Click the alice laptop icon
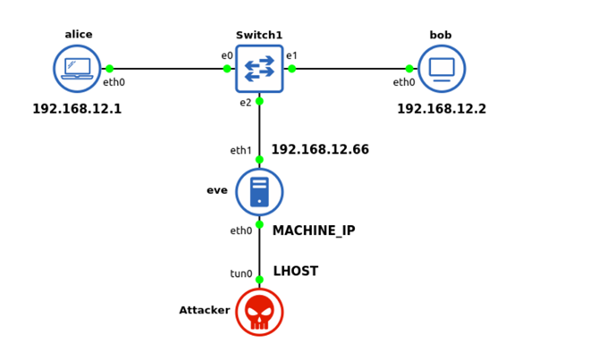coord(77,69)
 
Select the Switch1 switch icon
coord(259,69)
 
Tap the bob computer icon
coord(442,69)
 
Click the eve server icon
coord(259,191)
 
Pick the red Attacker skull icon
coord(259,312)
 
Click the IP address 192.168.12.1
coord(77,109)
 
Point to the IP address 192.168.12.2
coord(442,109)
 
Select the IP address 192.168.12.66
coord(320,149)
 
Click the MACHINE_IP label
coord(314,230)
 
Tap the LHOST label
coord(295,271)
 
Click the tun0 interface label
coord(241,273)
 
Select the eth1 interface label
coord(241,150)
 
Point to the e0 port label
coord(227,55)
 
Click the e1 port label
coord(291,55)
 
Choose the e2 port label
coord(245,103)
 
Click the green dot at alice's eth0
coord(109,69)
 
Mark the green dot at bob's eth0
coord(409,69)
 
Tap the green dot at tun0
coord(259,280)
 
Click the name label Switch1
coord(259,35)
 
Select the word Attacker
coord(204,310)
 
